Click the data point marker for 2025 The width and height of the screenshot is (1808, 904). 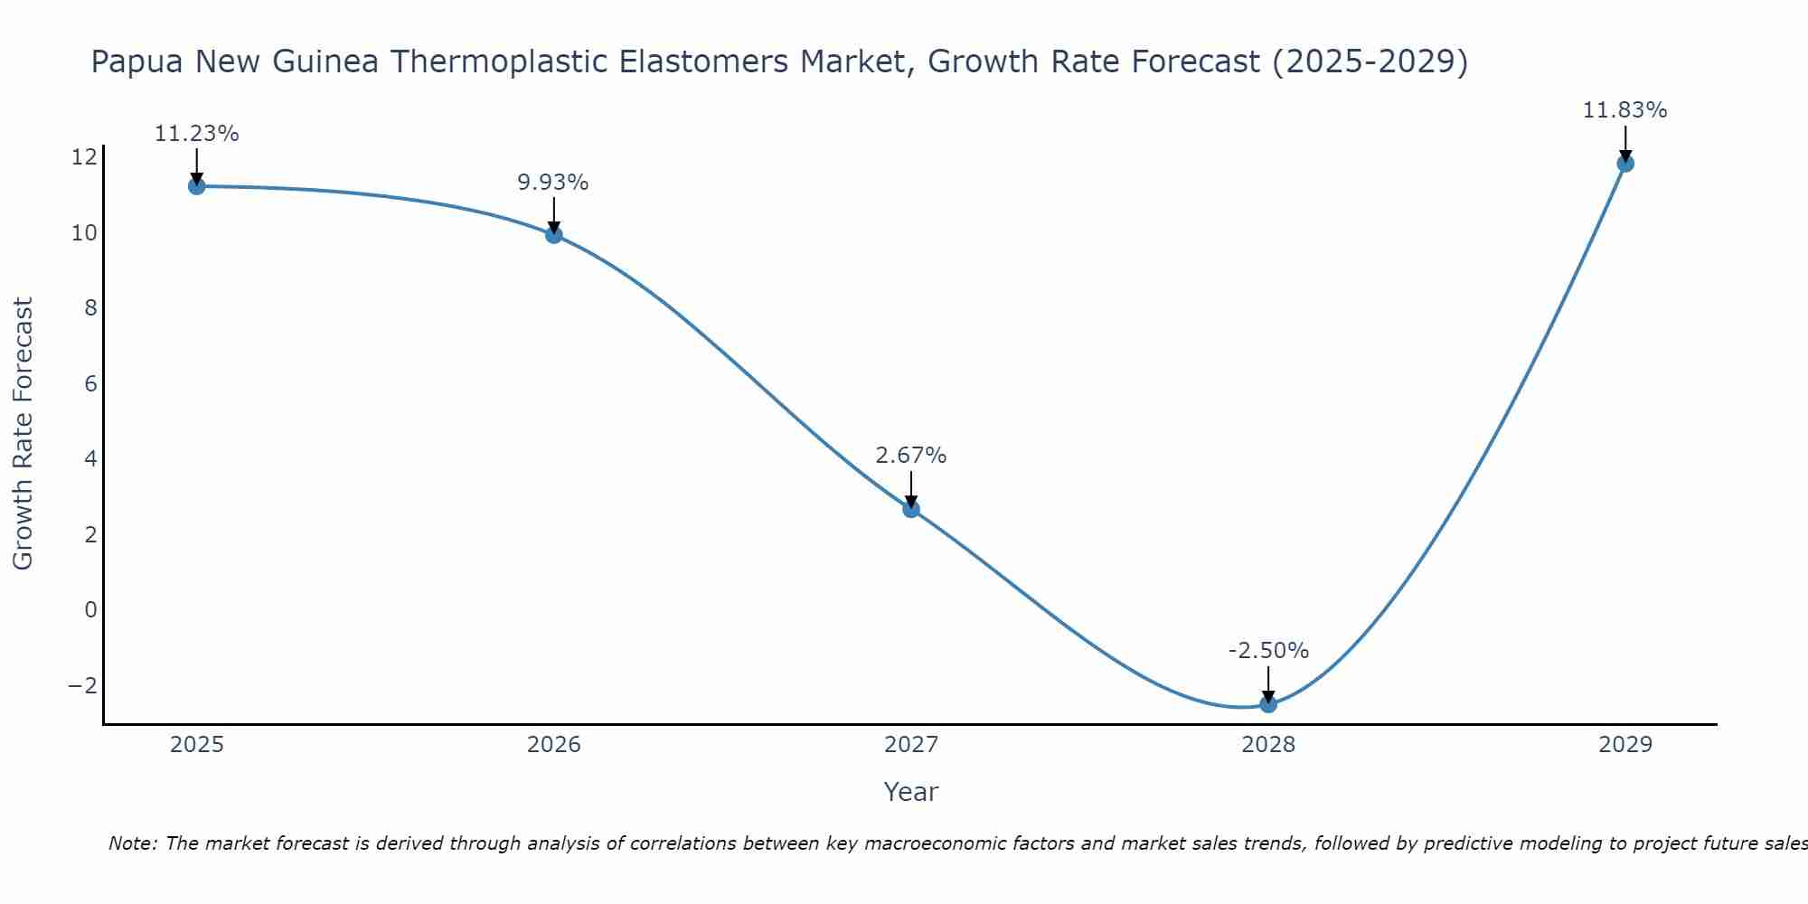tap(197, 186)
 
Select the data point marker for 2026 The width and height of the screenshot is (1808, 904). tap(554, 235)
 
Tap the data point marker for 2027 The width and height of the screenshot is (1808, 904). tap(911, 509)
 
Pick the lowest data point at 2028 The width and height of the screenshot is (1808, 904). tap(1268, 704)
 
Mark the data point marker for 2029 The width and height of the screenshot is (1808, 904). tap(1625, 164)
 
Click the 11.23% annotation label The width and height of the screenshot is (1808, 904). tap(197, 134)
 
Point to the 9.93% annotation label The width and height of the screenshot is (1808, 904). tap(553, 183)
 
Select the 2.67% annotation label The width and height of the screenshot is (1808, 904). tap(911, 456)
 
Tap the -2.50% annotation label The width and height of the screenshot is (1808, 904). tap(1268, 651)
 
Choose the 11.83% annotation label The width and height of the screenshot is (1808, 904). tap(1624, 110)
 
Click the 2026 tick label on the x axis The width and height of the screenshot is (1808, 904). tap(554, 745)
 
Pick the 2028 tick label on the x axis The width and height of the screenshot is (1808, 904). tap(1268, 745)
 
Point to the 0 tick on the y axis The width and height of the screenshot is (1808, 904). tap(90, 609)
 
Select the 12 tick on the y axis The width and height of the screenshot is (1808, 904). tap(84, 157)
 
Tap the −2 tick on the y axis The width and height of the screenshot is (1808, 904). tap(82, 685)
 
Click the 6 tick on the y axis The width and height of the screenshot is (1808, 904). tap(90, 383)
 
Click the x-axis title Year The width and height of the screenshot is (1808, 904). tap(911, 792)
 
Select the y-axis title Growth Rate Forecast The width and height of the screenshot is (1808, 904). tap(23, 434)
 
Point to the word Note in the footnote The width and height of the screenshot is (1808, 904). tap(133, 843)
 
